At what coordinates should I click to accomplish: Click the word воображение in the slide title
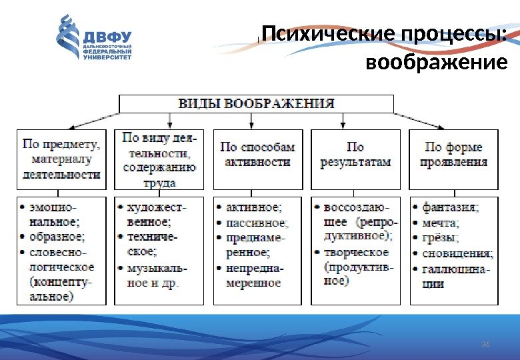(x=437, y=63)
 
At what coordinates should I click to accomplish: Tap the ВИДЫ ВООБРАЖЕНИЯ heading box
(x=256, y=103)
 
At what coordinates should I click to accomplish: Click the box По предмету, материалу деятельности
(x=61, y=159)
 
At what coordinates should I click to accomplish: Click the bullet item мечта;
(x=441, y=222)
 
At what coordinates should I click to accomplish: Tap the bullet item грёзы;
(x=440, y=237)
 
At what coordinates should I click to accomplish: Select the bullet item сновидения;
(x=457, y=253)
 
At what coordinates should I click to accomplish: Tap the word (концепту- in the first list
(x=61, y=282)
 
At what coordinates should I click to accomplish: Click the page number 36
(x=485, y=343)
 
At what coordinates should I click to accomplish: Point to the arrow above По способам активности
(x=251, y=121)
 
